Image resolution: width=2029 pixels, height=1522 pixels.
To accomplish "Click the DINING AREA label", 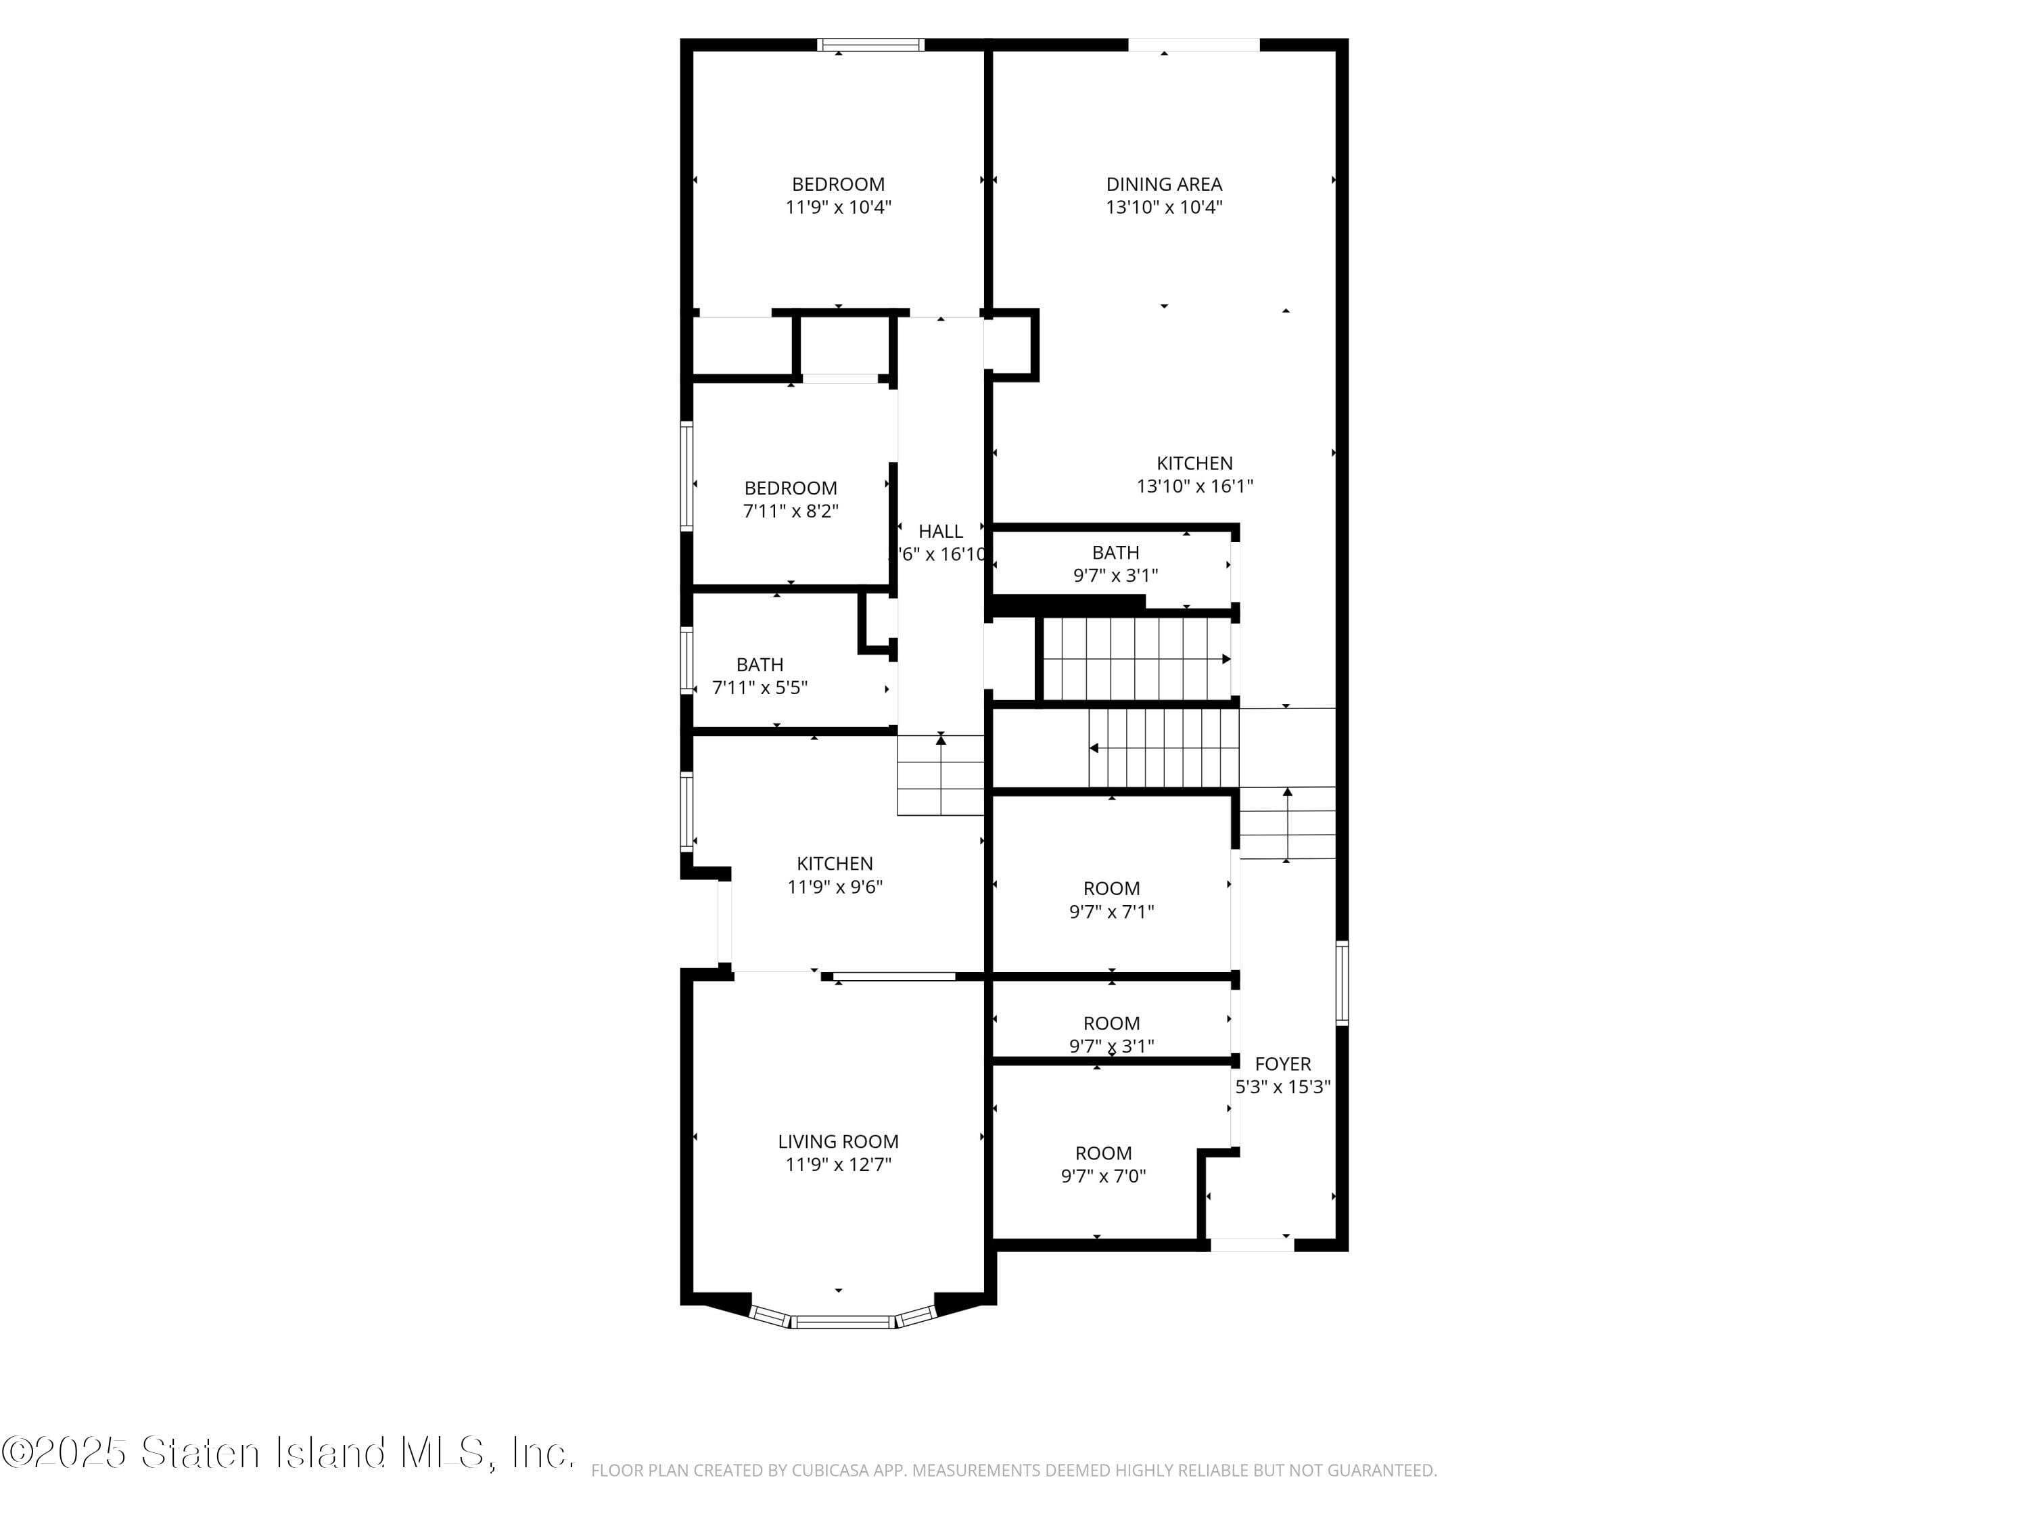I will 1163,185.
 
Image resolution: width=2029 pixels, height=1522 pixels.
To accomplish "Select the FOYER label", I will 1282,1063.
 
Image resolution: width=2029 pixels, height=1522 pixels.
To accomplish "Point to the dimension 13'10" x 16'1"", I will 1194,486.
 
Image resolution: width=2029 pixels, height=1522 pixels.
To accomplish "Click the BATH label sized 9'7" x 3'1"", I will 1115,552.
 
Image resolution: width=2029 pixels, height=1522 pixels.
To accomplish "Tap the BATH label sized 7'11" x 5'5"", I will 760,664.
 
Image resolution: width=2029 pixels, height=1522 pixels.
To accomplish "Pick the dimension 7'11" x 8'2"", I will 790,511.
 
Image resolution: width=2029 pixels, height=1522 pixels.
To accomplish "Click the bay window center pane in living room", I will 842,1322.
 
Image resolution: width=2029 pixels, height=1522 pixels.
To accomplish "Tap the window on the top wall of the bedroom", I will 870,44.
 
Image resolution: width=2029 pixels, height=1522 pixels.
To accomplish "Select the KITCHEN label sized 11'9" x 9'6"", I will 834,863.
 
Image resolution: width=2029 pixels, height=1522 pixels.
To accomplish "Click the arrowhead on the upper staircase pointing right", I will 1226,659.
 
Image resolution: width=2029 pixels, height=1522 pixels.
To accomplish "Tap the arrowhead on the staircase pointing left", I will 1094,747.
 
